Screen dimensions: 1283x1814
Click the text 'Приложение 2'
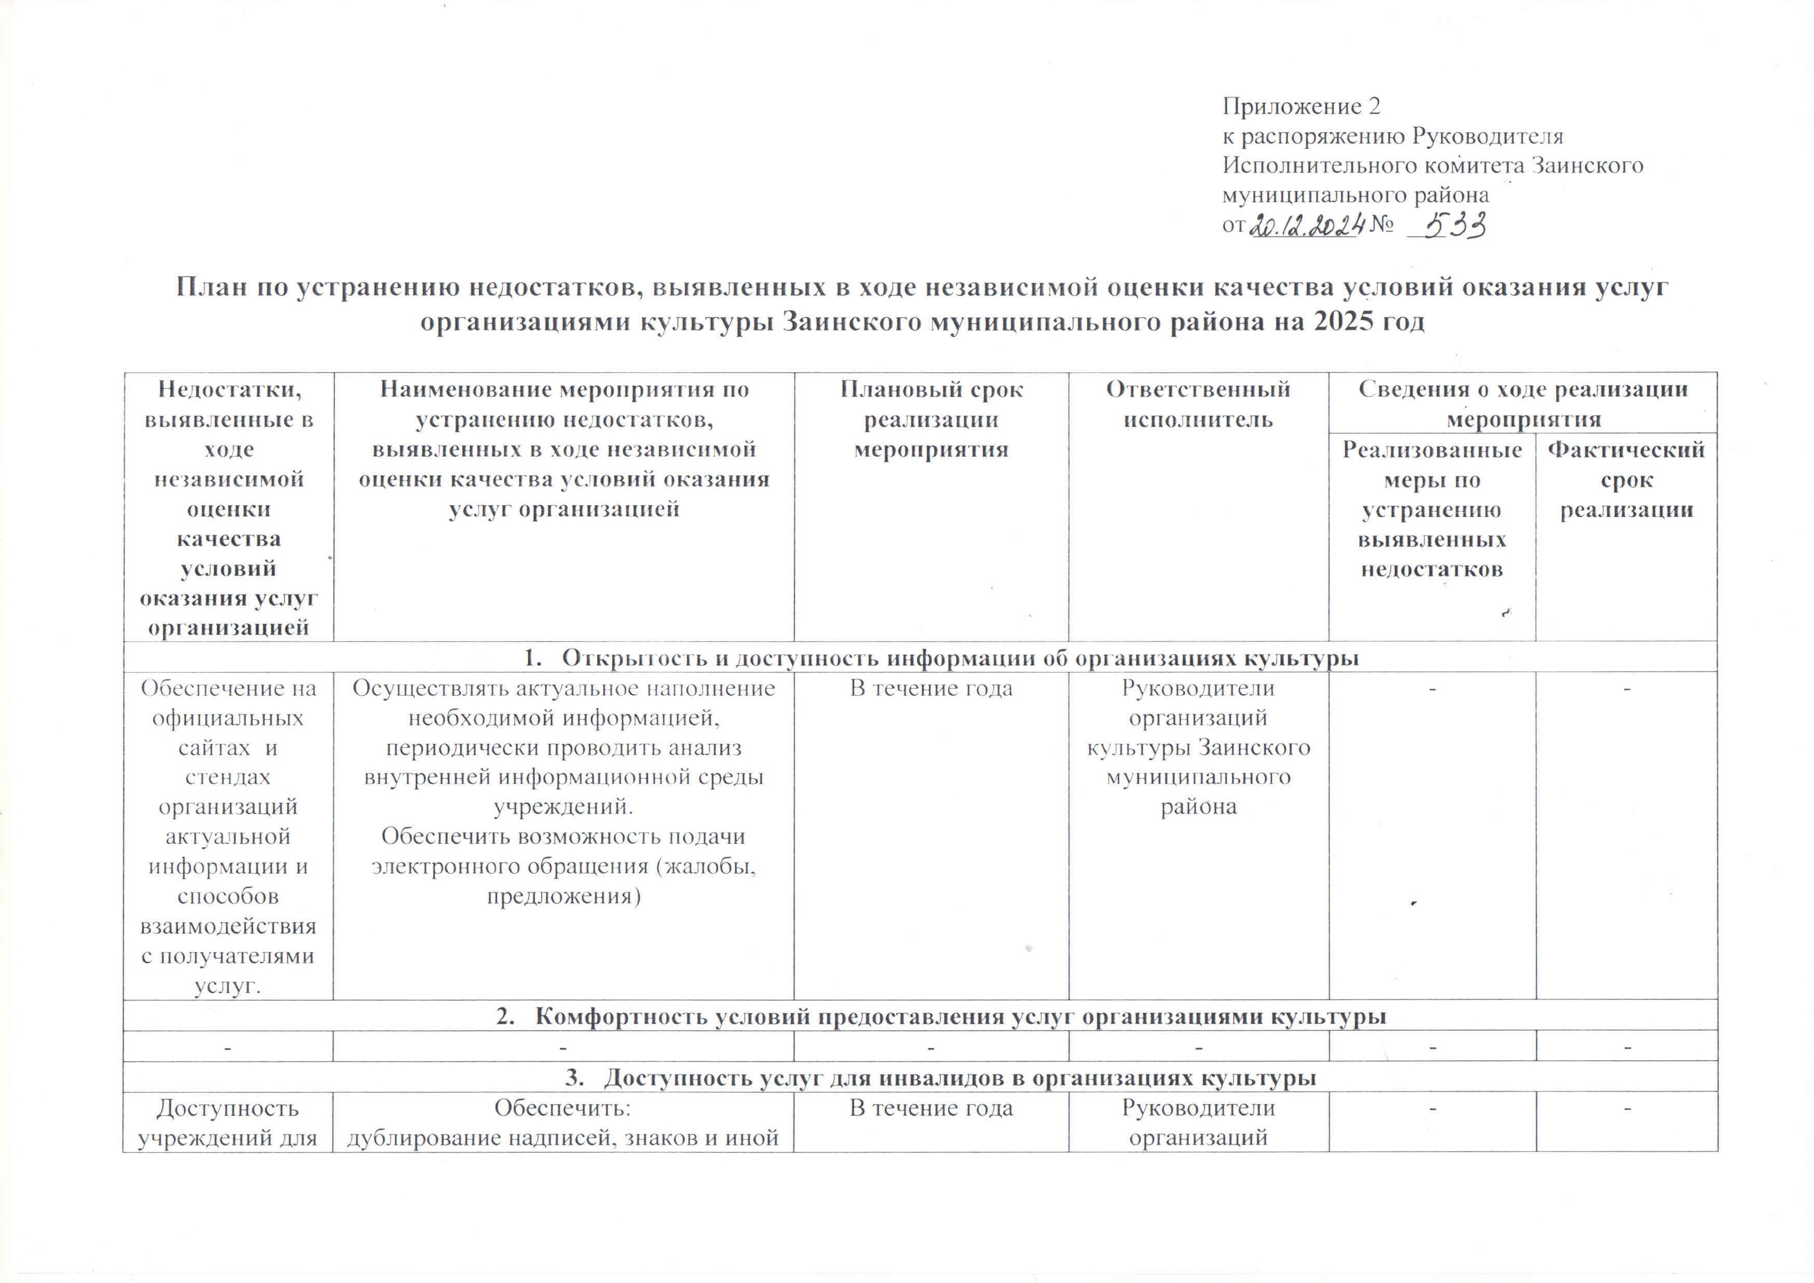pos(1301,106)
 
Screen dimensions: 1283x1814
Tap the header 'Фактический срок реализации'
pos(1626,480)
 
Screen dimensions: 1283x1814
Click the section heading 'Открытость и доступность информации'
pos(920,657)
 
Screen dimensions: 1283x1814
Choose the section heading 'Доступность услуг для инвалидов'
pos(920,1078)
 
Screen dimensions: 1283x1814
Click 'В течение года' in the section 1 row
pos(931,688)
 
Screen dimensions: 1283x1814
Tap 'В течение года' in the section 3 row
pos(931,1109)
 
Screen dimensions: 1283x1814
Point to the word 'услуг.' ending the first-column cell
pos(228,985)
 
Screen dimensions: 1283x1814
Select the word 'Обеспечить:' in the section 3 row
pos(563,1109)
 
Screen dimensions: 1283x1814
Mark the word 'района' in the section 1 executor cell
pos(1198,807)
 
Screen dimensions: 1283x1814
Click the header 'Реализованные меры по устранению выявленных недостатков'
pos(1431,510)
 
